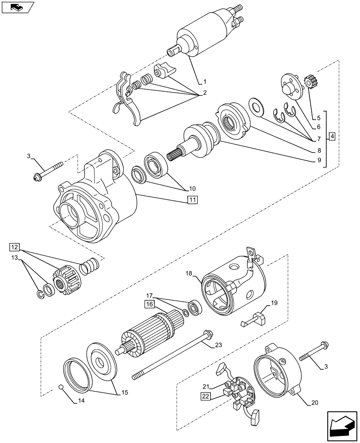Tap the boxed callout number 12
pos(15,247)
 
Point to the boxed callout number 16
pos(148,304)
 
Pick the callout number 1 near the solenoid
pos(205,82)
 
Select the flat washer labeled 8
pos(255,106)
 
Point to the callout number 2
pos(205,93)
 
